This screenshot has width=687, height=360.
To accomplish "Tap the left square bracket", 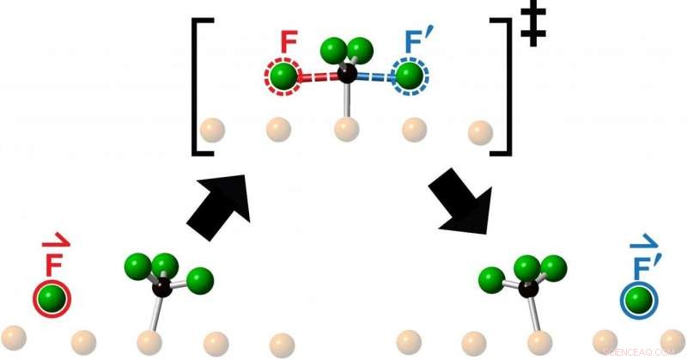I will click(x=199, y=86).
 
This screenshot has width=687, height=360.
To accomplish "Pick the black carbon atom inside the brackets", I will click(x=347, y=72).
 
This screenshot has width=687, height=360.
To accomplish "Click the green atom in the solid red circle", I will click(x=52, y=298).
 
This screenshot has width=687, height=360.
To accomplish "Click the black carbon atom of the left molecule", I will click(x=161, y=287).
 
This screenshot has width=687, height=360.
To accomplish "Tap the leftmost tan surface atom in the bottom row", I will click(x=15, y=335).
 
